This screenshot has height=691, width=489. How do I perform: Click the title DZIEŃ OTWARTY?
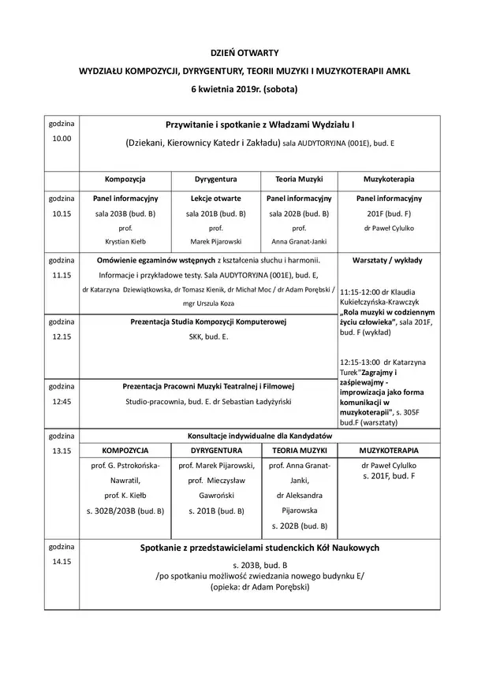pos(244,52)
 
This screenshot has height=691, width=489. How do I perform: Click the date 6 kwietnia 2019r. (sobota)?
pos(244,89)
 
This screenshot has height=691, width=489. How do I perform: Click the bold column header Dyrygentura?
pos(215,180)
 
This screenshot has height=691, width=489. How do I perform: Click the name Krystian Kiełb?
pos(125,241)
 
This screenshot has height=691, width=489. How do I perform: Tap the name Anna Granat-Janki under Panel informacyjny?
pos(299,241)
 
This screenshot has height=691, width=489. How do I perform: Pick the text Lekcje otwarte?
pos(215,199)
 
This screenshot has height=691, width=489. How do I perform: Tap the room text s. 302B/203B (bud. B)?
pos(125,511)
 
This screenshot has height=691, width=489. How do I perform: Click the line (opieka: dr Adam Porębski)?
pos(260,587)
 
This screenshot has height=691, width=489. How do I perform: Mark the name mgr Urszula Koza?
pos(207,303)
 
